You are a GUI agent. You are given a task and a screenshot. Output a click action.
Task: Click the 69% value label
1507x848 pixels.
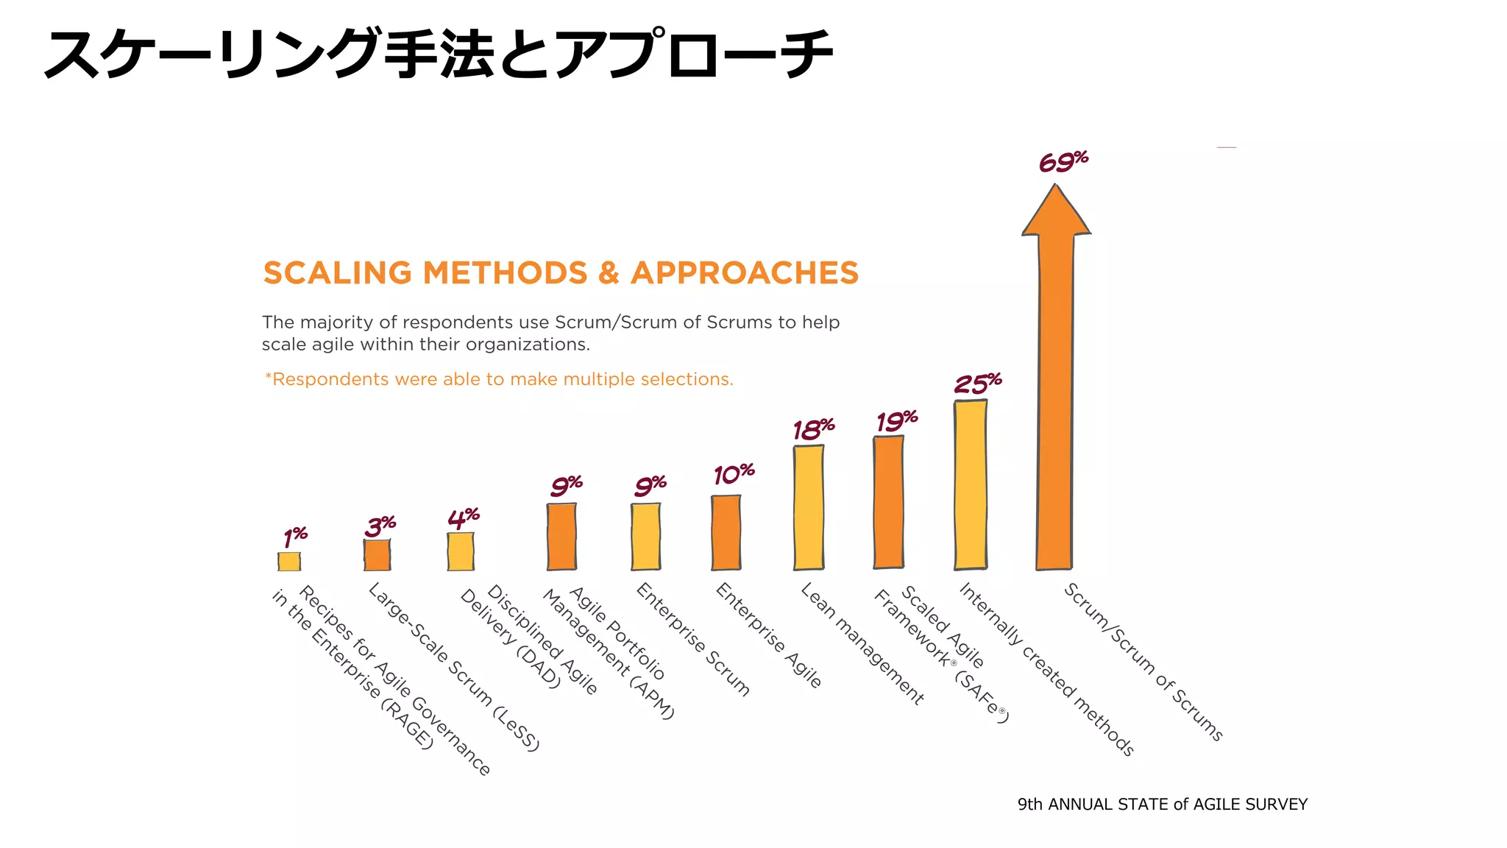pyautogui.click(x=1063, y=161)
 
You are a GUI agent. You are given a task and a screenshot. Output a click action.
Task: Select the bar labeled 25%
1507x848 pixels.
pyautogui.click(x=971, y=484)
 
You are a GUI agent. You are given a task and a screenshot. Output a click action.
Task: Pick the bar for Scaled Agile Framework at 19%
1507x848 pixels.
pyautogui.click(x=888, y=502)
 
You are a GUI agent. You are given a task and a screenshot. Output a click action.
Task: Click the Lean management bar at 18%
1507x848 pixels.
pyautogui.click(x=808, y=507)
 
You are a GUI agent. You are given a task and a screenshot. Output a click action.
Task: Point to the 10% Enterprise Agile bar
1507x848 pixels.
pyautogui.click(x=726, y=532)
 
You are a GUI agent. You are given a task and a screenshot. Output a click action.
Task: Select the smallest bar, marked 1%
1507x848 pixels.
pyautogui.click(x=289, y=561)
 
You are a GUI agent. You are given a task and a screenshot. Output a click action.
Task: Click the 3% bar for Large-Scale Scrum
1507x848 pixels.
pyautogui.click(x=377, y=555)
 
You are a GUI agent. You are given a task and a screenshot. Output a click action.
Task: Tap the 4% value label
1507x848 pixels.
pyautogui.click(x=463, y=518)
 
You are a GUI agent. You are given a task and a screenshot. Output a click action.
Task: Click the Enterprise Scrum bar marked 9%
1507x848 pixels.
pyautogui.click(x=645, y=536)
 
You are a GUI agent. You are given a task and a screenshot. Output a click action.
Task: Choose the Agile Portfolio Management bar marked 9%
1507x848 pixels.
pyautogui.click(x=561, y=536)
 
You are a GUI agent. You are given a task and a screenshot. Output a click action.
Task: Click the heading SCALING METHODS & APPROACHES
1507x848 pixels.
pyautogui.click(x=561, y=273)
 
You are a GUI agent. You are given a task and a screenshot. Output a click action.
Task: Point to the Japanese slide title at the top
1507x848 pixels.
pyautogui.click(x=439, y=54)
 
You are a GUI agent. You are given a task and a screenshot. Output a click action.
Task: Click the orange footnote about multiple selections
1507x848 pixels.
pyautogui.click(x=499, y=379)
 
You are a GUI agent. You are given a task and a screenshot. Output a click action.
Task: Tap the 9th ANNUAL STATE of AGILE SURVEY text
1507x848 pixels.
pyautogui.click(x=1162, y=804)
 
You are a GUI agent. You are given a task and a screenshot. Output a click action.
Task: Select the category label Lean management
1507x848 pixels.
pyautogui.click(x=862, y=643)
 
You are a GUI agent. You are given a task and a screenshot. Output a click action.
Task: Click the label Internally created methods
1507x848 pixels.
pyautogui.click(x=1046, y=668)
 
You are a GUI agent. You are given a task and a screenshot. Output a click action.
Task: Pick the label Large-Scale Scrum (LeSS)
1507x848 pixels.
pyautogui.click(x=454, y=666)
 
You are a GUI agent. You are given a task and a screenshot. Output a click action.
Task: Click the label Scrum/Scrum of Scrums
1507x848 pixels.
pyautogui.click(x=1143, y=661)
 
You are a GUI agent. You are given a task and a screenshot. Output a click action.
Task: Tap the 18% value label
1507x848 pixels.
pyautogui.click(x=812, y=429)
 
